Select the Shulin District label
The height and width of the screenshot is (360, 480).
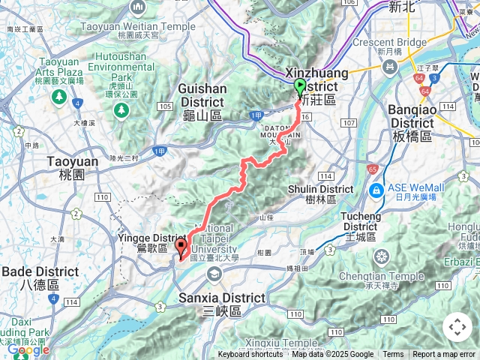click(321, 194)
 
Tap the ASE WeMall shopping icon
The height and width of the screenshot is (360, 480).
click(376, 188)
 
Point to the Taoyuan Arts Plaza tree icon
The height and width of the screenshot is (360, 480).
click(58, 97)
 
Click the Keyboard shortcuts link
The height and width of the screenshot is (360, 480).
click(250, 355)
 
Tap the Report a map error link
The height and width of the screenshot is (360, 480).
click(444, 355)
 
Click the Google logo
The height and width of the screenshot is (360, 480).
click(28, 349)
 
